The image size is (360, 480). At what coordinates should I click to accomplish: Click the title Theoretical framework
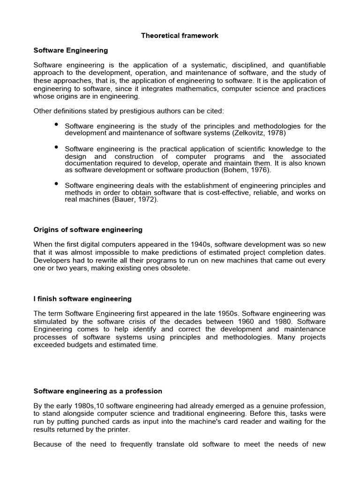point(180,36)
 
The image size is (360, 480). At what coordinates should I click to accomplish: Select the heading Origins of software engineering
point(88,230)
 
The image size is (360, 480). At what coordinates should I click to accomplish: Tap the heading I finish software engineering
point(82,299)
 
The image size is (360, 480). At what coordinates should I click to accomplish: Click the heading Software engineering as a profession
point(98,391)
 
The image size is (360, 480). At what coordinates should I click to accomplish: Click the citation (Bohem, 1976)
point(245,170)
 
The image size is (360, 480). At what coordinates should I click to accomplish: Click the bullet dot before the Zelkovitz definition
point(56,124)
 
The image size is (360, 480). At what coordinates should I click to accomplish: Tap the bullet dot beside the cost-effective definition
point(56,183)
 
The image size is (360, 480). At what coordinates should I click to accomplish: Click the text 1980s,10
point(90,405)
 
